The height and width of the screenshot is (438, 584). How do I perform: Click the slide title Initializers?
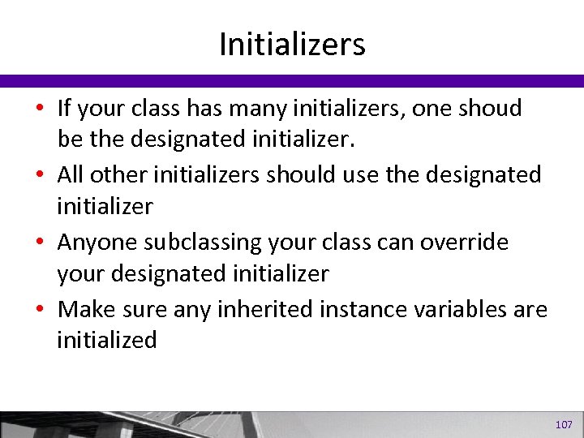[x=292, y=45]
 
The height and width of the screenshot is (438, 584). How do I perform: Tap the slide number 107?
[x=564, y=425]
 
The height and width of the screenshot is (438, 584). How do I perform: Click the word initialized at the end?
[x=106, y=341]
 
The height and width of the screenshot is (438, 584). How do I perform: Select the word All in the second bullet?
[x=71, y=175]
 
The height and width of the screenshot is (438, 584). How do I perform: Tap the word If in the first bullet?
[x=65, y=108]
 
